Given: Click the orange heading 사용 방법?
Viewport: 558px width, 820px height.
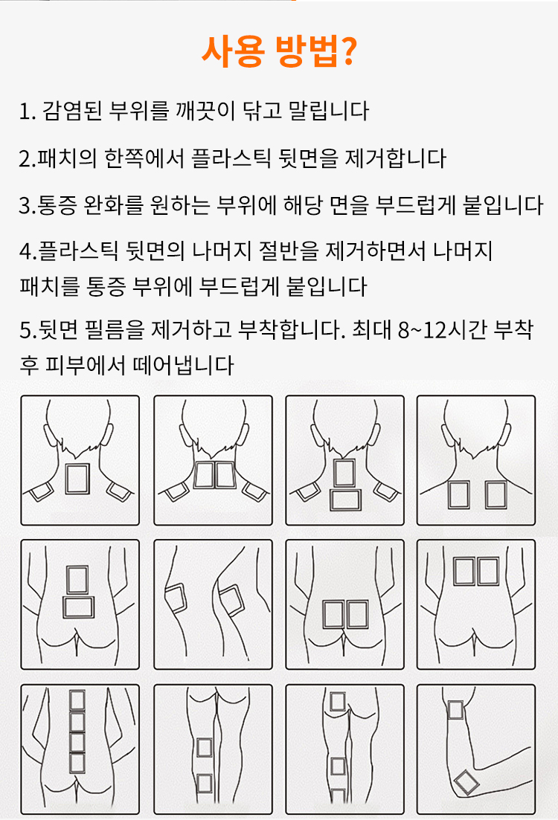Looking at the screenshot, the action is [280, 52].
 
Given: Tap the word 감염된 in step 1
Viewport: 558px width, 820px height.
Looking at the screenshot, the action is [72, 111].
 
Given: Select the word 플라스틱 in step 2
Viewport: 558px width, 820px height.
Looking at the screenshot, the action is [231, 158].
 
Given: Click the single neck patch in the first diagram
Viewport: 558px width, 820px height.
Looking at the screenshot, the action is [77, 479].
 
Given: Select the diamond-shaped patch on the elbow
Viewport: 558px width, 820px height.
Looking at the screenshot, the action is [465, 783].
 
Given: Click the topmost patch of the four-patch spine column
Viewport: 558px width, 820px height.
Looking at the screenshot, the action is [77, 701].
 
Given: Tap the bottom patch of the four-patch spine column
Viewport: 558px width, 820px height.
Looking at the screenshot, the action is [77, 763].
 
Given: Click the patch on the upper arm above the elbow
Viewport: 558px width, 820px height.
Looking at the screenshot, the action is [455, 710].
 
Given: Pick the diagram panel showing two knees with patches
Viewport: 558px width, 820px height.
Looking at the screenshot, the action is [213, 604].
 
